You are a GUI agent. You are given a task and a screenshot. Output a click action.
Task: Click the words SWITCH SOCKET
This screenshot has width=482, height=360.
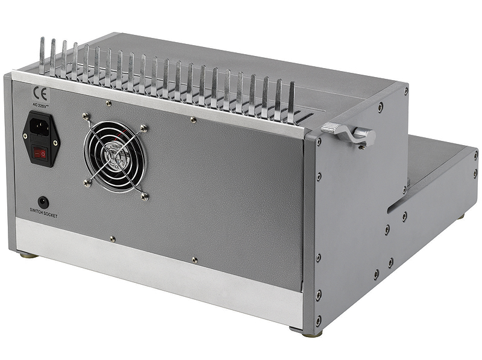coord(43,212)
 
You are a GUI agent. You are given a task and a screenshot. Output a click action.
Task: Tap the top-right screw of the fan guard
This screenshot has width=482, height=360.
coord(144,128)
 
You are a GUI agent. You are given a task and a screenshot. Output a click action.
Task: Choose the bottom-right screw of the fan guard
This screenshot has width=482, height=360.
coord(145,194)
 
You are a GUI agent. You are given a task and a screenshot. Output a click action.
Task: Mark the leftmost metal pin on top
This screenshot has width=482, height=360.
coord(42,55)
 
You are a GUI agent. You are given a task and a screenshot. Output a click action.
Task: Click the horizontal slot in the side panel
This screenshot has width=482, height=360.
coord(402,203)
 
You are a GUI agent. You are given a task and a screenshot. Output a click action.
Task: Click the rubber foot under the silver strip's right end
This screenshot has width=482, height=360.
coord(299,329)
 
